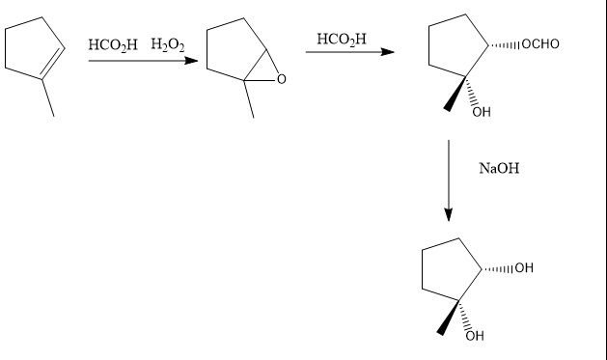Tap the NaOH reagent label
(x=498, y=170)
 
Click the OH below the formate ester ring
(x=481, y=112)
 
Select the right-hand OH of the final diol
(x=523, y=267)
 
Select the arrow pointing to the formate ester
(x=348, y=52)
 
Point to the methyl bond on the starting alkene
(x=46, y=99)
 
